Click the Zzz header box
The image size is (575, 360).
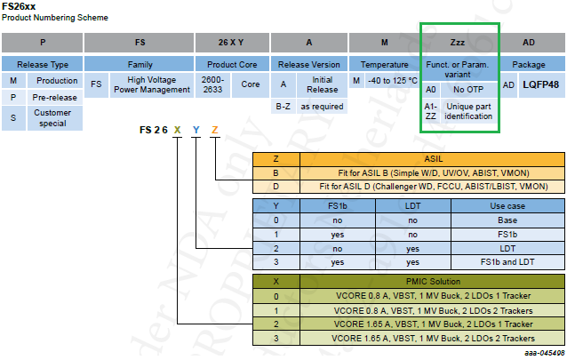pyautogui.click(x=459, y=42)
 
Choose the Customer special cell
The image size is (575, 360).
pyautogui.click(x=52, y=118)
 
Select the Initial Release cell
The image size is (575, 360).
pyautogui.click(x=322, y=85)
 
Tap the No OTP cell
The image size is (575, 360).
pyautogui.click(x=467, y=90)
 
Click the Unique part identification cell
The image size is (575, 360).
pyautogui.click(x=467, y=111)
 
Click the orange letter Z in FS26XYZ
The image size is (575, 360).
pyautogui.click(x=215, y=131)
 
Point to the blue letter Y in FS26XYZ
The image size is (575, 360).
pyautogui.click(x=196, y=131)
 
